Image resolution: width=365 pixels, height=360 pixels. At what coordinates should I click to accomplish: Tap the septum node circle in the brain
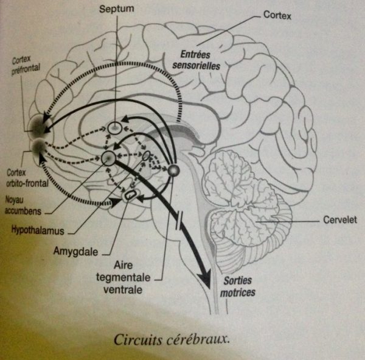coord(115,128)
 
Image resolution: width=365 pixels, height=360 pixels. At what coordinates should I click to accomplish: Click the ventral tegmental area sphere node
coord(174,171)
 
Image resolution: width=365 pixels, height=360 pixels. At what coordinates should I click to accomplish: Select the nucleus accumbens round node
coord(109,159)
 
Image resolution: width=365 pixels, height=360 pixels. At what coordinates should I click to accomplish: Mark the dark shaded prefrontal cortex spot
coord(40,124)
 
